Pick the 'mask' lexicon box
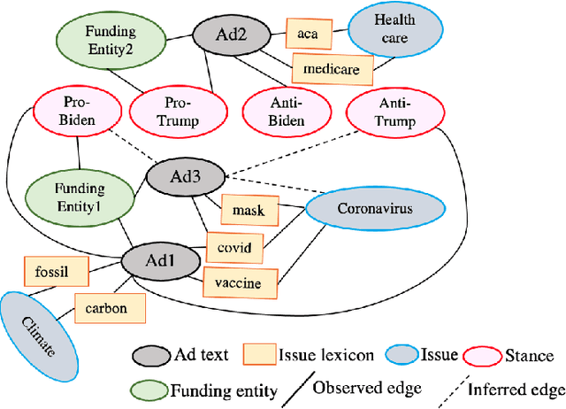coord(249,211)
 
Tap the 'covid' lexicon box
coord(235,249)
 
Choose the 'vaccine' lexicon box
coord(239,283)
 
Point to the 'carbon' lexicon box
coord(107,308)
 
